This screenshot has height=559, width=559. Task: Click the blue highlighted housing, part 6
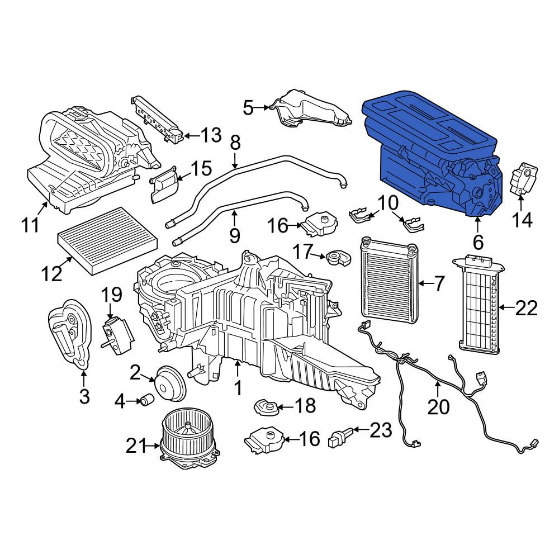pos(433,153)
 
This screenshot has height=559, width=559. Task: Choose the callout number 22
pos(526,307)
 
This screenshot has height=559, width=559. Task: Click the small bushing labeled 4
pos(147,400)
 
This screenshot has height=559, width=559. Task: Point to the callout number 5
pos(248,107)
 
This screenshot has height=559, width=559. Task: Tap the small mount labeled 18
pos(266,407)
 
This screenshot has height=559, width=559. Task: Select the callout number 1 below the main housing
pos(238,388)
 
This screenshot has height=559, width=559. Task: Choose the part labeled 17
pos(339,258)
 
